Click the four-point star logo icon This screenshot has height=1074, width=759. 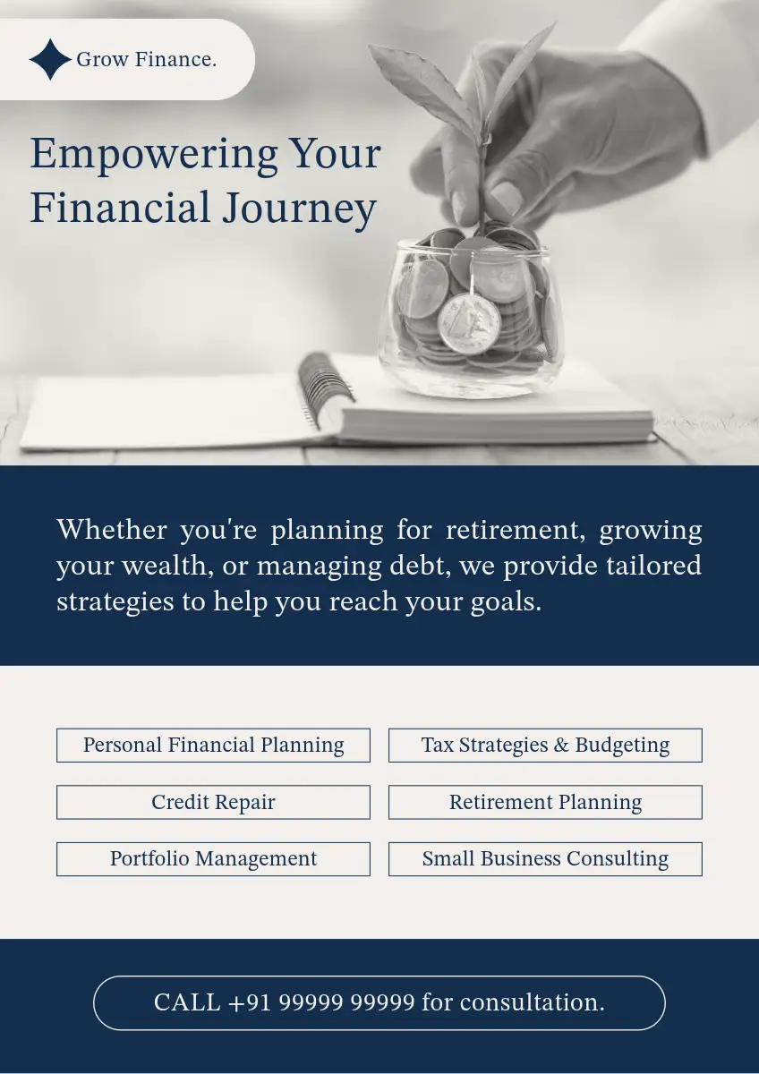(50, 59)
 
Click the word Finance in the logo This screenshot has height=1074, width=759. (175, 59)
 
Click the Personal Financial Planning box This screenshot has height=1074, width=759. (213, 745)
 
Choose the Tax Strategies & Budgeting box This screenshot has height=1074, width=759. (545, 745)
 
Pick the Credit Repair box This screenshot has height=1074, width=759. (213, 802)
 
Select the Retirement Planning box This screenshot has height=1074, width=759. (545, 802)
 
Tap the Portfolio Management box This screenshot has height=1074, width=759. (213, 858)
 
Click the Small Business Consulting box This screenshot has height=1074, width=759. (545, 858)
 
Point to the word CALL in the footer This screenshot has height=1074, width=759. (187, 1002)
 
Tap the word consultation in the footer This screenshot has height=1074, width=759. (532, 1002)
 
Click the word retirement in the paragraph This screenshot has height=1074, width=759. (516, 530)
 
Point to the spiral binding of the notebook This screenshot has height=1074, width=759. (326, 389)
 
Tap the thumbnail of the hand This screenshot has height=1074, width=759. (507, 198)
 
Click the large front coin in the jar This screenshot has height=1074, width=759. (469, 324)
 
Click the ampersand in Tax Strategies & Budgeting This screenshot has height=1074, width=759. (561, 745)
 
